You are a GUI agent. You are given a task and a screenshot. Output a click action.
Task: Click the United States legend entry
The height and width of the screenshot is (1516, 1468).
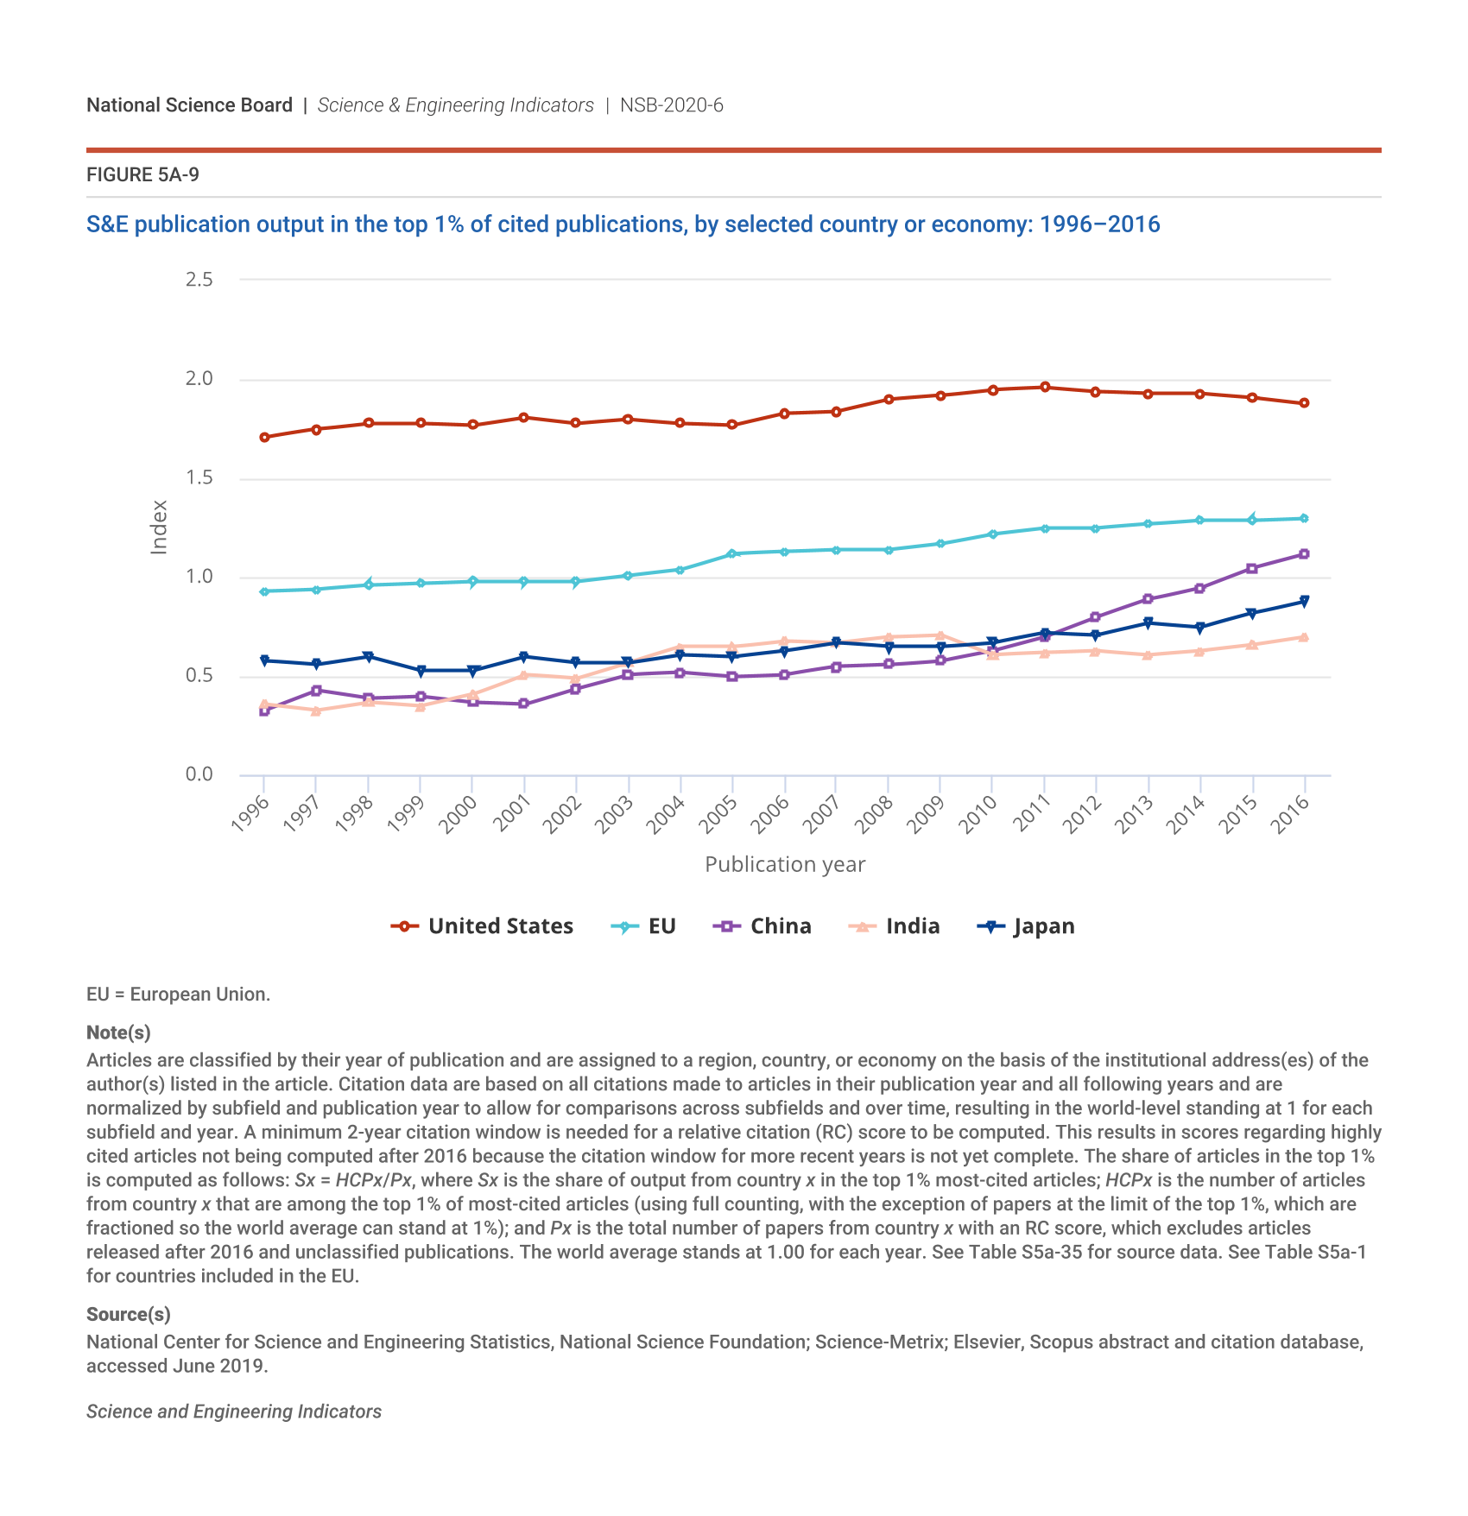click(x=482, y=926)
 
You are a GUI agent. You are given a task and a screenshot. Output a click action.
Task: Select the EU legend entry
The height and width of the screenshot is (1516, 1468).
click(x=643, y=926)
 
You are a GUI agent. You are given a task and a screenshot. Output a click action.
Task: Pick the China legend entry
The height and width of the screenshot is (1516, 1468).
click(x=762, y=926)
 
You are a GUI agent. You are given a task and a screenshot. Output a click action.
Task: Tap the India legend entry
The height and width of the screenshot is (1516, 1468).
click(x=895, y=926)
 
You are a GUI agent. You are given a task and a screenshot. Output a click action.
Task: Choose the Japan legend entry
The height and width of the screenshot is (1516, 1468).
click(x=1026, y=926)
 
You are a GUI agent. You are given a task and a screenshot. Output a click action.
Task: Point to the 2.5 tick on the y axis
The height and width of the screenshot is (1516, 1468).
click(x=199, y=279)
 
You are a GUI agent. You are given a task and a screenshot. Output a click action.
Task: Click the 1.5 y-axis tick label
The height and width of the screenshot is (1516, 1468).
click(x=199, y=477)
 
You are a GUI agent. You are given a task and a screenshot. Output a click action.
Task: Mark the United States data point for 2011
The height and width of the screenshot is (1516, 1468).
click(x=1045, y=387)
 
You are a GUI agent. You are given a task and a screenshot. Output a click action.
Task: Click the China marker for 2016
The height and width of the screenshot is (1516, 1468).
click(x=1304, y=554)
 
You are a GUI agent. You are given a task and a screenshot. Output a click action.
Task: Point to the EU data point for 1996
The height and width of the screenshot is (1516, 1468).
click(x=264, y=591)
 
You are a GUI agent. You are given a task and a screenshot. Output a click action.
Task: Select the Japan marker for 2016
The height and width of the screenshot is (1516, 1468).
click(x=1304, y=601)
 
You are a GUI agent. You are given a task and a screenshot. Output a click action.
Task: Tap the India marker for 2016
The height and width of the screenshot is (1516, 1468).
click(x=1304, y=637)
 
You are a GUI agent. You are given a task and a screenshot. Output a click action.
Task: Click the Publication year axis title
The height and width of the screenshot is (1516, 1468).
click(x=785, y=864)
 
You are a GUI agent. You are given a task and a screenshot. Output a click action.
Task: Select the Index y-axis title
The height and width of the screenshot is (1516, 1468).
click(x=159, y=527)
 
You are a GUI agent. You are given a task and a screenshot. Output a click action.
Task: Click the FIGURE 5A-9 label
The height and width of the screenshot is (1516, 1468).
click(x=142, y=175)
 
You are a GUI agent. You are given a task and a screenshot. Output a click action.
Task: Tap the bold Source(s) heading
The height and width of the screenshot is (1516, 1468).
click(x=129, y=1314)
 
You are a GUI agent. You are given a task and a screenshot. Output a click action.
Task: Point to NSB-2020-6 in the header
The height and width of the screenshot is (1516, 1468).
click(x=672, y=105)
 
